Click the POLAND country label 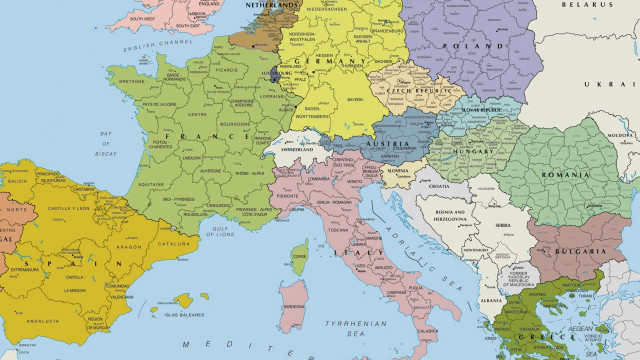(x=480, y=47)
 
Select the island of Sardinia (x=293, y=305)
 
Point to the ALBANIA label (x=490, y=300)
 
